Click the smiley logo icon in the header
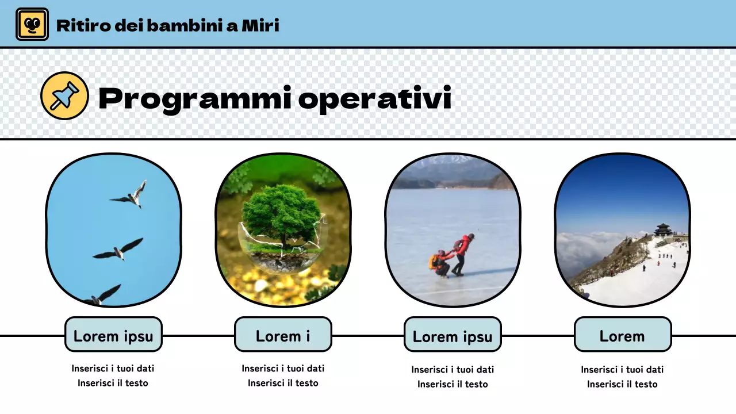pyautogui.click(x=32, y=24)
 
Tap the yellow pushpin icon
pyautogui.click(x=64, y=95)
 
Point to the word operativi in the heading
pyautogui.click(x=375, y=99)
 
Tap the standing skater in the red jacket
pyautogui.click(x=463, y=254)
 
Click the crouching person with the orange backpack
pyautogui.click(x=440, y=264)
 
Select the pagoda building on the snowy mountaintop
pyautogui.click(x=663, y=230)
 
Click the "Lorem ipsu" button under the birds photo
pyautogui.click(x=113, y=336)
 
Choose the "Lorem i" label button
pyautogui.click(x=283, y=336)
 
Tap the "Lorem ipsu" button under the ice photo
pyautogui.click(x=453, y=336)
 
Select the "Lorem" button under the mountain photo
pyautogui.click(x=622, y=336)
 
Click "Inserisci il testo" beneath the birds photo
pyautogui.click(x=113, y=383)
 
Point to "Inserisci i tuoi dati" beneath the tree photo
pyautogui.click(x=283, y=369)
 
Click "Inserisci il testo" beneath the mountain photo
pyautogui.click(x=622, y=384)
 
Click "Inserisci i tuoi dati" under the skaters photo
pyautogui.click(x=453, y=370)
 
